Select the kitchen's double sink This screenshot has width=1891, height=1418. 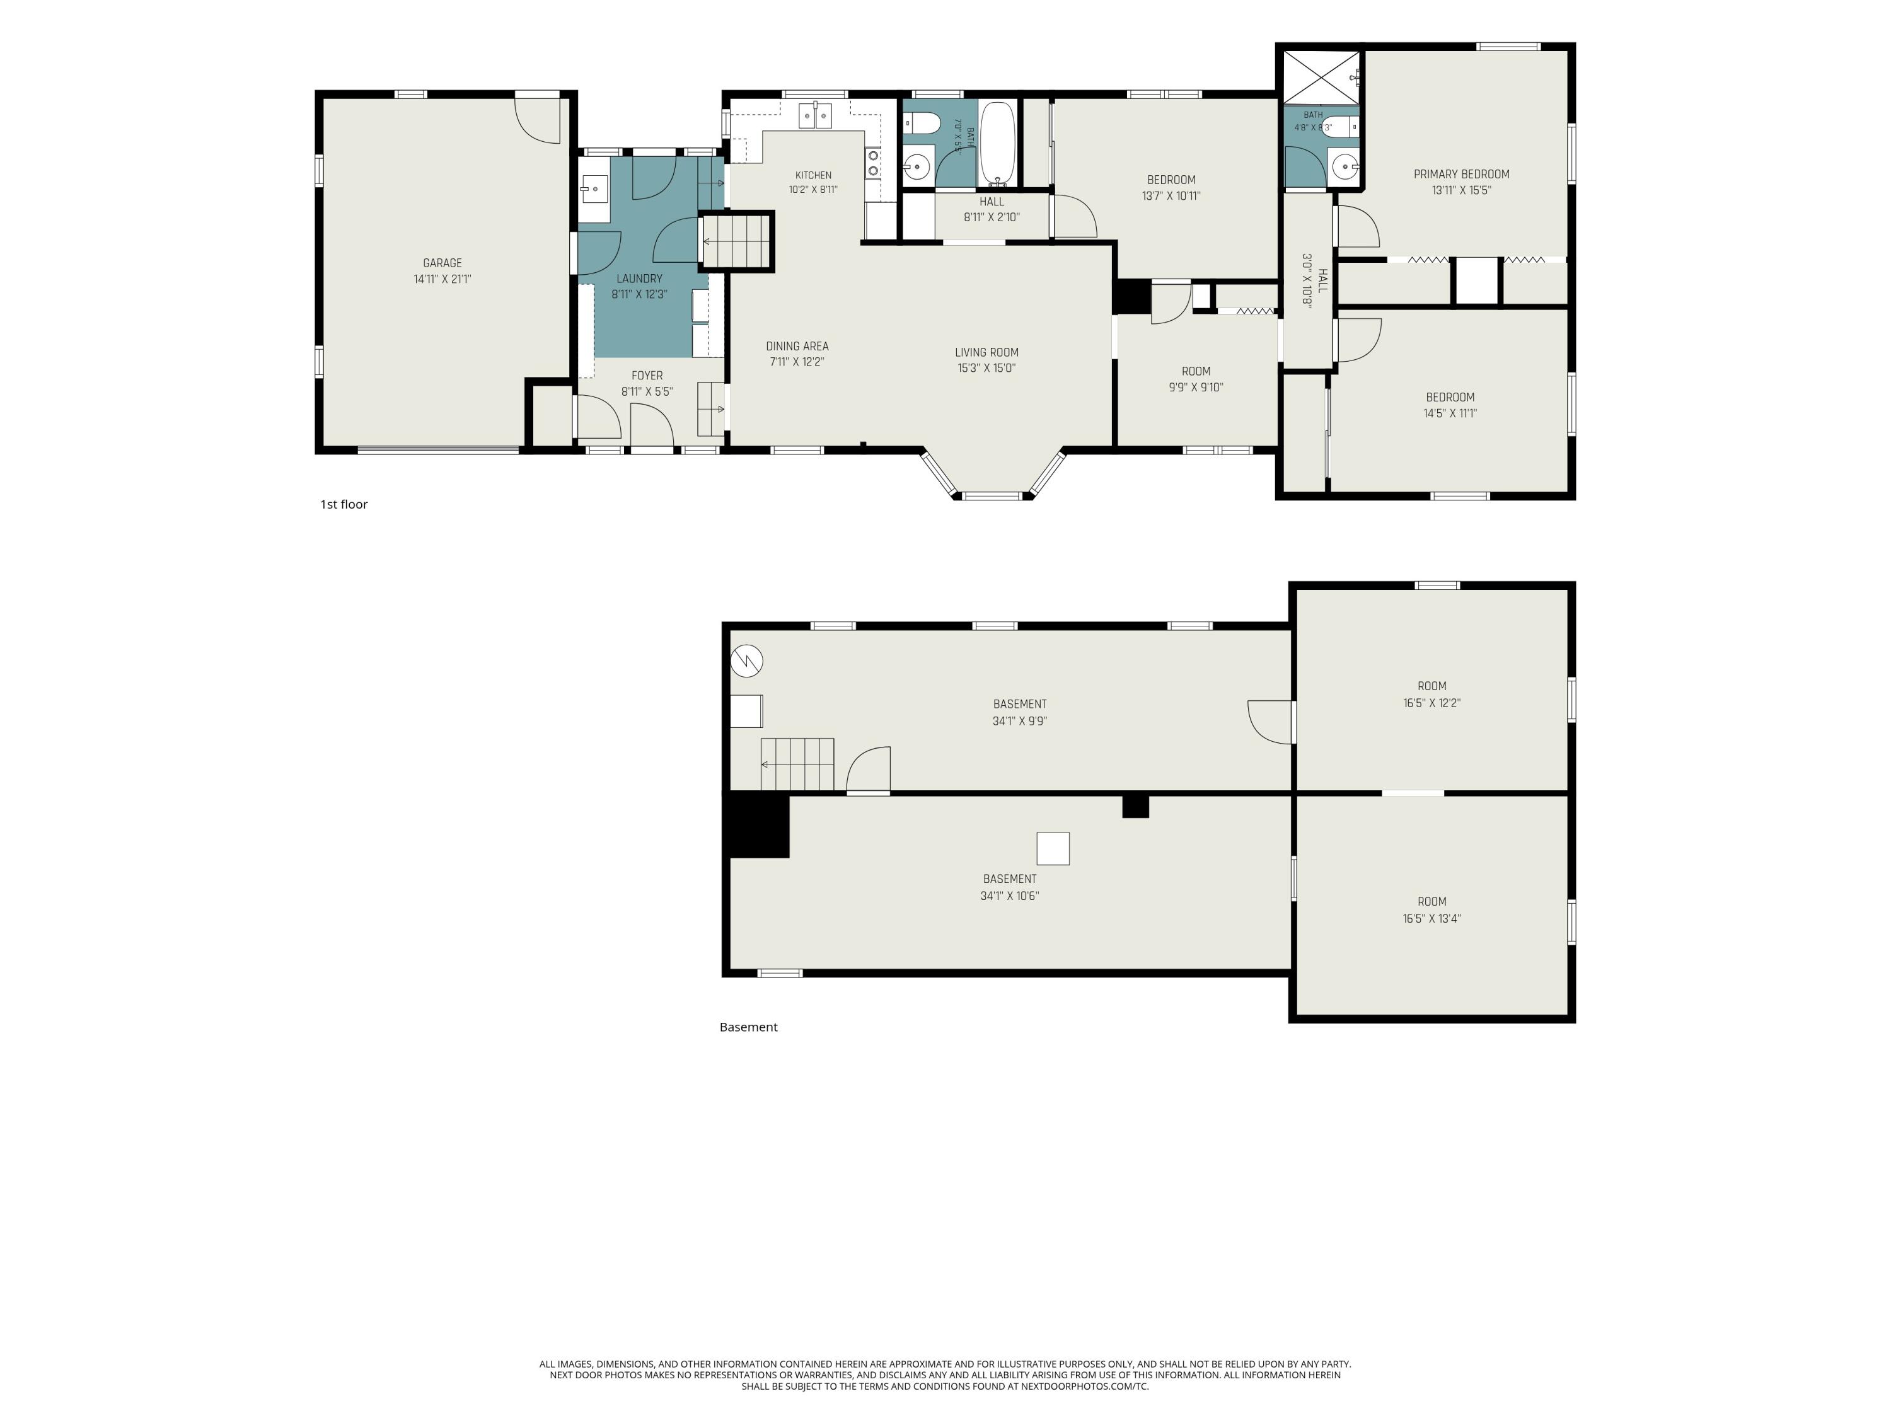click(x=814, y=115)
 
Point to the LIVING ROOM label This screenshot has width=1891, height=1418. click(x=986, y=352)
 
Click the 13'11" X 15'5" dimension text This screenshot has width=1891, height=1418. click(x=1462, y=190)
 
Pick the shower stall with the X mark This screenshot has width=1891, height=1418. click(x=1321, y=77)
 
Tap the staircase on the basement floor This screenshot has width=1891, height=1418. click(x=797, y=764)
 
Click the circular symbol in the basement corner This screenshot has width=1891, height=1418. click(x=746, y=660)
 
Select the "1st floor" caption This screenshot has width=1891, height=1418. click(x=344, y=504)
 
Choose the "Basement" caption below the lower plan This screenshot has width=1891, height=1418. click(x=748, y=1027)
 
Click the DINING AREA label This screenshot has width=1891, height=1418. click(x=797, y=346)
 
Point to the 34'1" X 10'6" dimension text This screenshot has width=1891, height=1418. click(x=1010, y=896)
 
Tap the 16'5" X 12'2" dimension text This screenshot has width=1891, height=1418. click(x=1432, y=703)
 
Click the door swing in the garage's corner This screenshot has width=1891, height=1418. click(x=537, y=120)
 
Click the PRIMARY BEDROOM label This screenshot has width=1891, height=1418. click(x=1462, y=175)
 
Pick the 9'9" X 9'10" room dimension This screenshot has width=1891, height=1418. click(x=1196, y=387)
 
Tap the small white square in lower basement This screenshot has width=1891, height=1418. click(x=1053, y=849)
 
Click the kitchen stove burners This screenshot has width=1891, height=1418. click(x=874, y=163)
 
